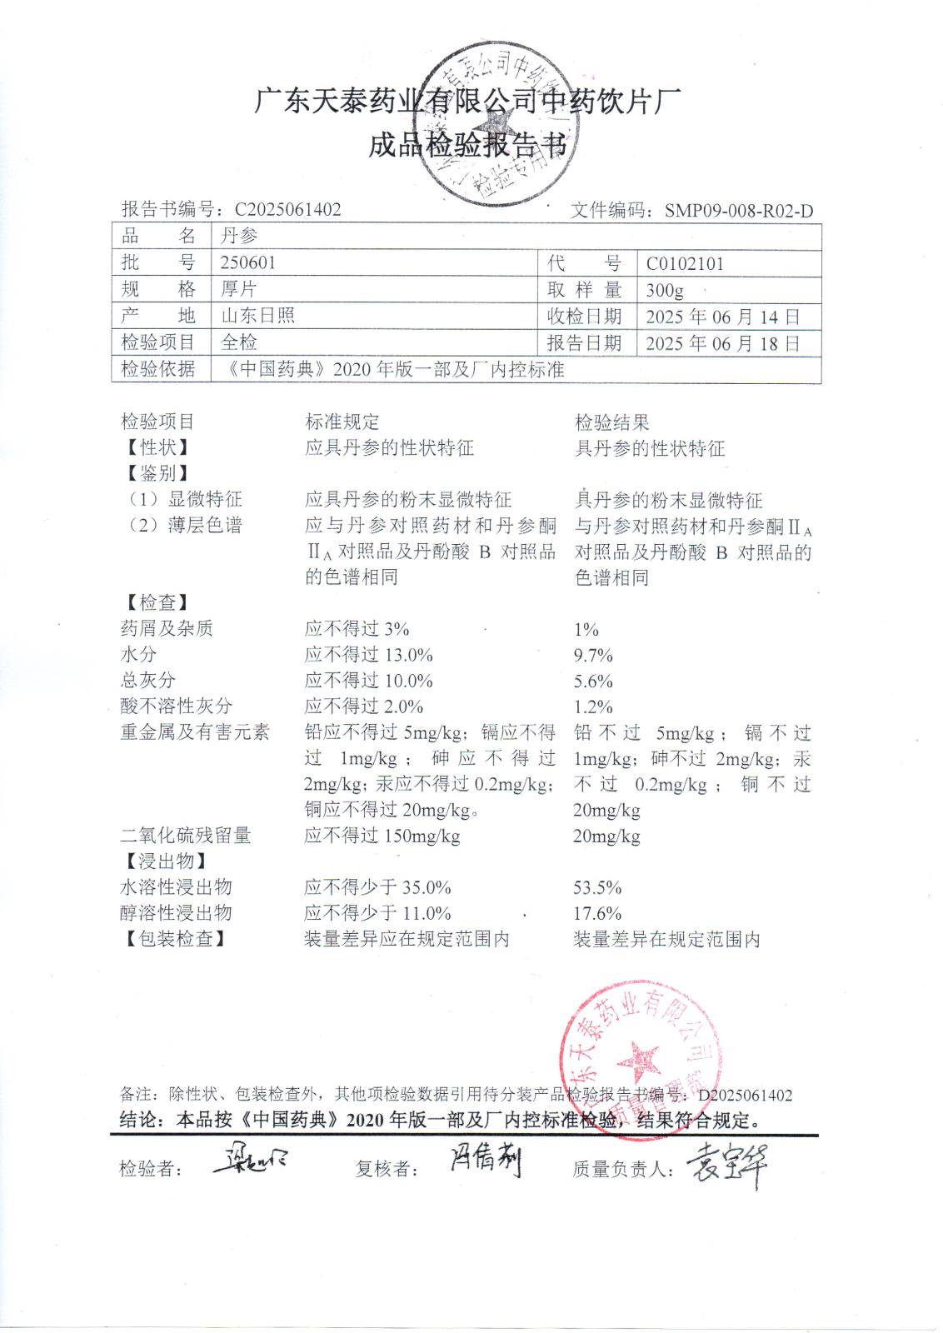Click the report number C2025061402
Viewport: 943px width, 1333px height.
point(287,209)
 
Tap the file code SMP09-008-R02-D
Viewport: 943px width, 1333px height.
point(738,211)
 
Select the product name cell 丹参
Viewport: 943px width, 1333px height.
point(239,236)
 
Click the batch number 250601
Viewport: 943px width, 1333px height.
point(247,262)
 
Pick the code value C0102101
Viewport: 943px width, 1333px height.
point(685,264)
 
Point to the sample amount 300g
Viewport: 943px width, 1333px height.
point(665,290)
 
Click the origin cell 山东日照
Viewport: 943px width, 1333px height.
point(257,316)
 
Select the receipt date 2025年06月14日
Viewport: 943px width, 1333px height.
point(722,317)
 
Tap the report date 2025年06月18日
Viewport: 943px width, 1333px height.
point(722,343)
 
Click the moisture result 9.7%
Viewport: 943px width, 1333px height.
point(593,655)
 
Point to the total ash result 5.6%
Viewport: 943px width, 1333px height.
point(593,681)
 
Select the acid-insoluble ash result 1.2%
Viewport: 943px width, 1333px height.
point(593,706)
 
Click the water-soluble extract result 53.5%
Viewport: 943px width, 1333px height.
point(597,887)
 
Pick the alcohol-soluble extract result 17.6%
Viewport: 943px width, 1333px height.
point(597,913)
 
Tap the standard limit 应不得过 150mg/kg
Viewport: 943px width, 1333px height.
point(382,836)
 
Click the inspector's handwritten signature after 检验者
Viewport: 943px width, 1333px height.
point(249,1161)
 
